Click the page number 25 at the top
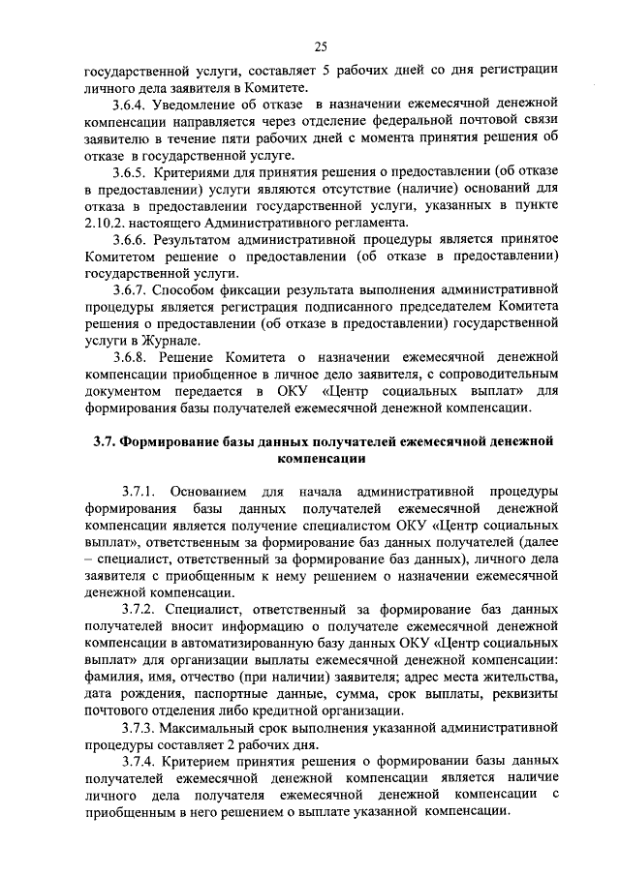(322, 44)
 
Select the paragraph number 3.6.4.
(129, 104)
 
